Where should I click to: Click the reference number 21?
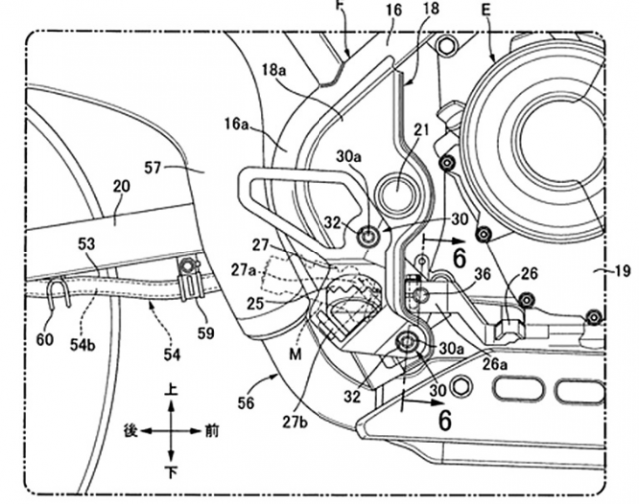point(421,130)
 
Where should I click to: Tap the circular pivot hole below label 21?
point(397,191)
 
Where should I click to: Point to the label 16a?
point(236,123)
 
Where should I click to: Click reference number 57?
point(153,167)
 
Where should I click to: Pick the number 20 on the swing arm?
point(121,187)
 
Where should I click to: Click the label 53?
point(86,244)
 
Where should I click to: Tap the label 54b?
point(82,344)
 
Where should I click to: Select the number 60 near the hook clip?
point(44,339)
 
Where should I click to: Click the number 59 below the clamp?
point(206,333)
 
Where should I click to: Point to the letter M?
point(295,355)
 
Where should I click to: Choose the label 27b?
point(295,422)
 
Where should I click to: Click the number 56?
point(245,403)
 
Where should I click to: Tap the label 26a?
point(495,364)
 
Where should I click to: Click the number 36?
point(483,275)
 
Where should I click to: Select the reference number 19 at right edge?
point(622,271)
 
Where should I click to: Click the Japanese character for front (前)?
point(211,431)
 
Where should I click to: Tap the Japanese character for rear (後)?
point(131,431)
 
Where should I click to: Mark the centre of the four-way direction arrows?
point(171,431)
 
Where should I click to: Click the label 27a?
point(244,270)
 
